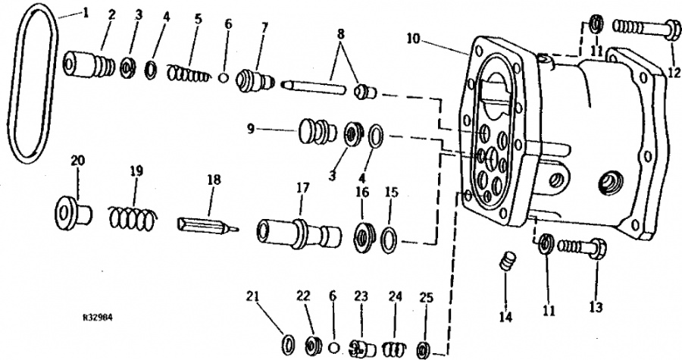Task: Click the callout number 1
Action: click(85, 14)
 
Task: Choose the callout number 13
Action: click(596, 307)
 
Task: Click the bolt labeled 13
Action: click(580, 246)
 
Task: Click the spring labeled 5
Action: click(187, 74)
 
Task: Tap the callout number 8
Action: click(341, 33)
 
